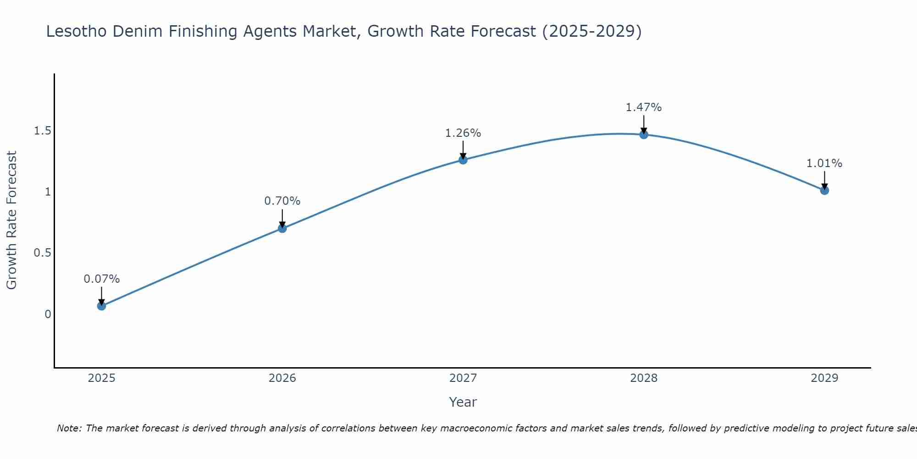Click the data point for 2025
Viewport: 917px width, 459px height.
(x=101, y=306)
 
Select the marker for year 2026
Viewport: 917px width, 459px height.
(x=282, y=228)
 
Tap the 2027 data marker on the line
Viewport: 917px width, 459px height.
(x=463, y=160)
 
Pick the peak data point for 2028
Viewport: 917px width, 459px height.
(x=644, y=134)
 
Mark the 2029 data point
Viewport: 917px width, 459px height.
(x=824, y=190)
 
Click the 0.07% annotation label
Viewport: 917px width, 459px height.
(x=101, y=279)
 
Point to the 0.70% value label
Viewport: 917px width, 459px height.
(x=282, y=201)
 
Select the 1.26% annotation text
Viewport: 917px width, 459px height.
(x=463, y=133)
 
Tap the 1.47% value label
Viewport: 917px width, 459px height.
(x=644, y=107)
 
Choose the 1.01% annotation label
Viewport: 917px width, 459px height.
(x=824, y=163)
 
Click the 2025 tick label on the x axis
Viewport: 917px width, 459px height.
(x=101, y=378)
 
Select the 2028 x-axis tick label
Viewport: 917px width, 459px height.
(x=644, y=378)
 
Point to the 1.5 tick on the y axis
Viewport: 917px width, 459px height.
(x=42, y=131)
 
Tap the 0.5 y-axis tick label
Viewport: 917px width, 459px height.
(x=42, y=253)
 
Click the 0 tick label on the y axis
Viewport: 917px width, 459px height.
(x=48, y=314)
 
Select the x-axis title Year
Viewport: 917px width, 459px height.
(x=463, y=402)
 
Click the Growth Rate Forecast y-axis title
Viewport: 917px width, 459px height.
(x=11, y=220)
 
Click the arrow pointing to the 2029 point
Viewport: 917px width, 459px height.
(x=824, y=180)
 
